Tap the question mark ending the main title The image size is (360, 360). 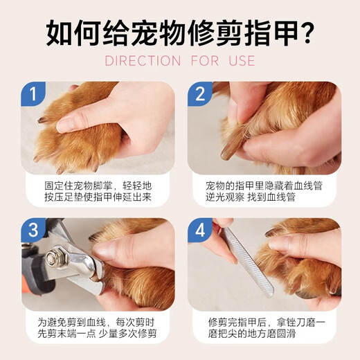click(304, 31)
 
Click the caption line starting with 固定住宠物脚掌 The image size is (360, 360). click(98, 186)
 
